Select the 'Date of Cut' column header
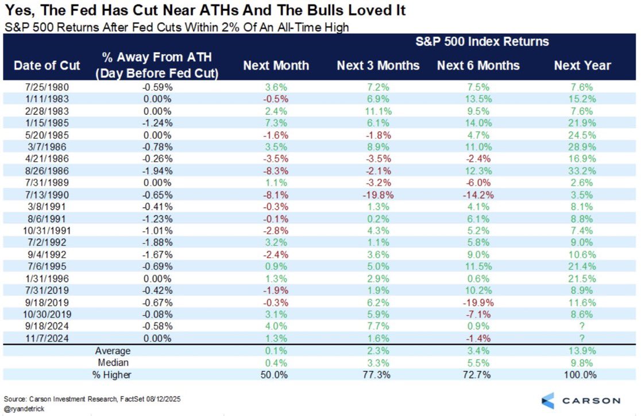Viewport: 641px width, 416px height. point(47,65)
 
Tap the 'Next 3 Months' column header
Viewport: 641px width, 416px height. point(378,65)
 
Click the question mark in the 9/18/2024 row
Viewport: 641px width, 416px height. point(582,326)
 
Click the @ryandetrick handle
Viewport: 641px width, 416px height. point(24,409)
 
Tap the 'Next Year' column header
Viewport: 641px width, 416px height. point(582,65)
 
